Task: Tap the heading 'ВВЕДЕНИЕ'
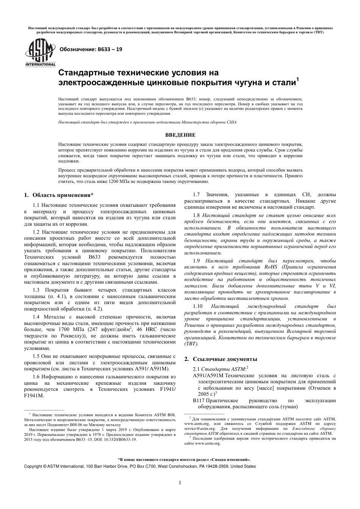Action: (x=180, y=135)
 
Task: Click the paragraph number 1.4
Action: (x=36, y=317)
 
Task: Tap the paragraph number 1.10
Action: (x=198, y=306)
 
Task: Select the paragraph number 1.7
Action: (x=197, y=195)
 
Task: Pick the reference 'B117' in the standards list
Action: (x=199, y=400)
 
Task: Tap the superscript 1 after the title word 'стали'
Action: (x=298, y=79)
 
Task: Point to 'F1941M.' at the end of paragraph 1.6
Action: (x=34, y=395)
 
